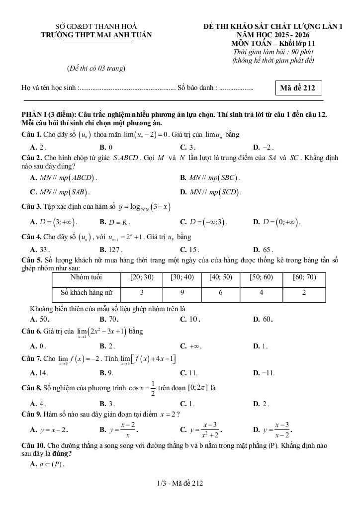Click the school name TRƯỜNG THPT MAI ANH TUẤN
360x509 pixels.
pyautogui.click(x=96, y=35)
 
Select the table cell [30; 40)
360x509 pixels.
pyautogui.click(x=182, y=277)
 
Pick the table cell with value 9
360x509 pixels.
pyautogui.click(x=182, y=293)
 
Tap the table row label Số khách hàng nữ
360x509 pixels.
pyautogui.click(x=87, y=293)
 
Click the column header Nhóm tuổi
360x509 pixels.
pyautogui.click(x=87, y=277)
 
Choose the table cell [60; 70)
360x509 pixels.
pyautogui.click(x=304, y=277)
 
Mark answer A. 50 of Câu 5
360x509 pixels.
pyautogui.click(x=40, y=319)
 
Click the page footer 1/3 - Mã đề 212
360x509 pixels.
pyautogui.click(x=180, y=483)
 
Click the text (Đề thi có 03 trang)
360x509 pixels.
pyautogui.click(x=96, y=68)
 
